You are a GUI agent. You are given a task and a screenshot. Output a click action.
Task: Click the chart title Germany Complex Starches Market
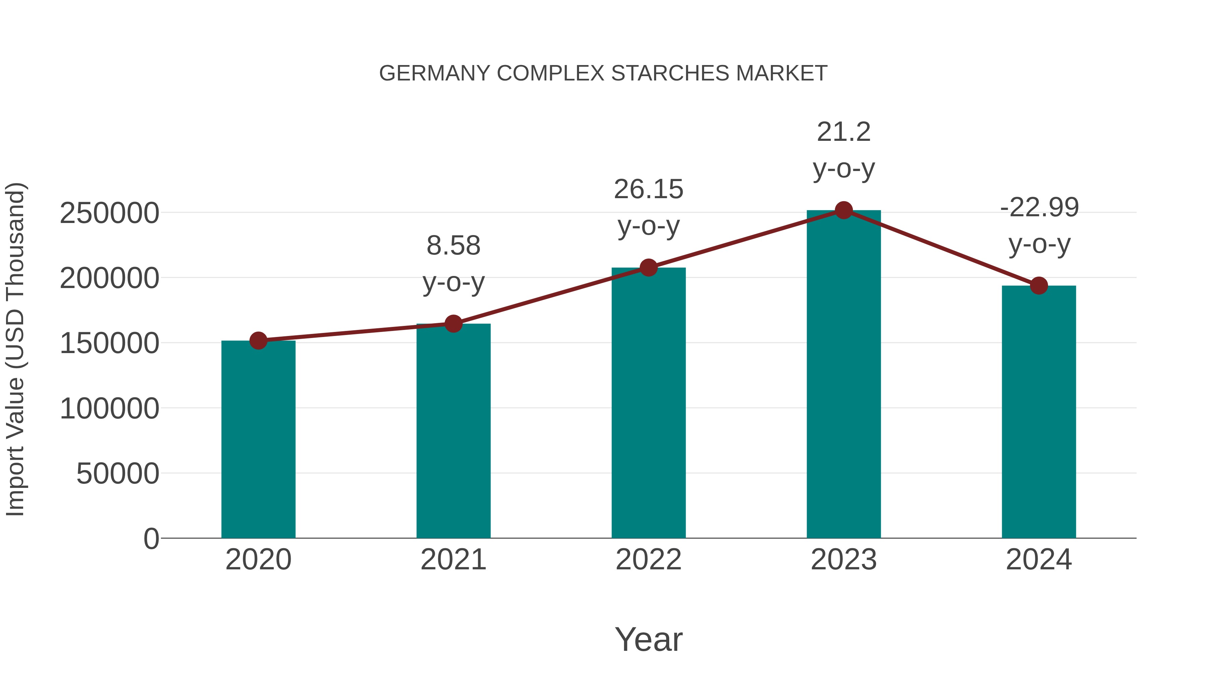click(603, 73)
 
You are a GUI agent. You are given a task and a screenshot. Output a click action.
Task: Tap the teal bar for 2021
click(453, 431)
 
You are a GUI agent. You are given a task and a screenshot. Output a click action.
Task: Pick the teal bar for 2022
click(648, 403)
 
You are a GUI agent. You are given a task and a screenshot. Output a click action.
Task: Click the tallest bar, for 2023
click(844, 375)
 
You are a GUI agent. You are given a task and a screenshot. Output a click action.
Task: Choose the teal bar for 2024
click(1039, 412)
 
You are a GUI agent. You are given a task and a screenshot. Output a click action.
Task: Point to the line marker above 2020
click(258, 341)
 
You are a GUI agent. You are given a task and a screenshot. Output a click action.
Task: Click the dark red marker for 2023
click(844, 210)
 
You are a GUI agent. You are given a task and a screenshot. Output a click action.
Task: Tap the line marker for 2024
click(1039, 285)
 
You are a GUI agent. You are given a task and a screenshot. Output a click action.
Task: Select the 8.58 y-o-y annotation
click(453, 264)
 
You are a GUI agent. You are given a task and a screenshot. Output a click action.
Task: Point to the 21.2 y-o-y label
click(844, 150)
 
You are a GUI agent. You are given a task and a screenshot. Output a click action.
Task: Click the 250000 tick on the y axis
click(109, 213)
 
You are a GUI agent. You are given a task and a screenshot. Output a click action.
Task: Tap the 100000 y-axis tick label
click(109, 409)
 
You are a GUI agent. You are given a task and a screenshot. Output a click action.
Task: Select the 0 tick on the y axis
click(151, 539)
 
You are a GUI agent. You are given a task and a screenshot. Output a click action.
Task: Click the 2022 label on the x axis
click(648, 560)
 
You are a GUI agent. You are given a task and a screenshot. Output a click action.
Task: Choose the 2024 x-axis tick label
click(1039, 560)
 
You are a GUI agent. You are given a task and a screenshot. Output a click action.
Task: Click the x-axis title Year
click(648, 639)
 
